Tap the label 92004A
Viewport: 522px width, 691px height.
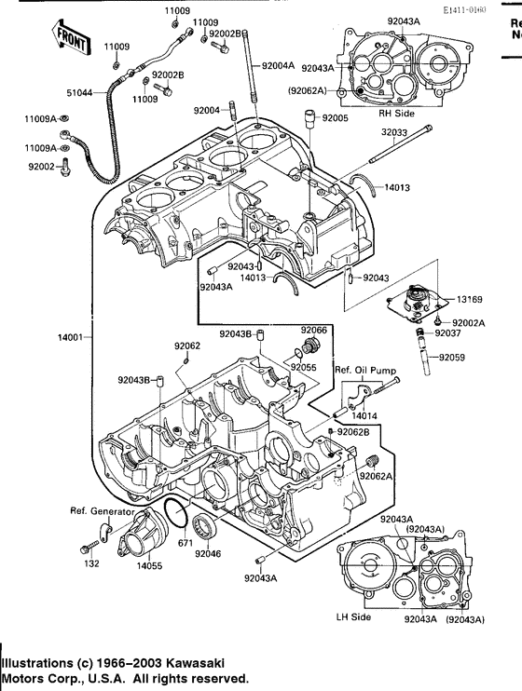(x=278, y=66)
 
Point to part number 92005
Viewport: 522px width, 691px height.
(x=334, y=118)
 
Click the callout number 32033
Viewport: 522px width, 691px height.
(x=393, y=132)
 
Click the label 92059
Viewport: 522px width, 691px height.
(x=452, y=357)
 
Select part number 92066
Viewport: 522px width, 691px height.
(x=313, y=330)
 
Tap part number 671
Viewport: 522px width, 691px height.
(x=185, y=542)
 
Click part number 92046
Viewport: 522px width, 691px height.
(x=208, y=553)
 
